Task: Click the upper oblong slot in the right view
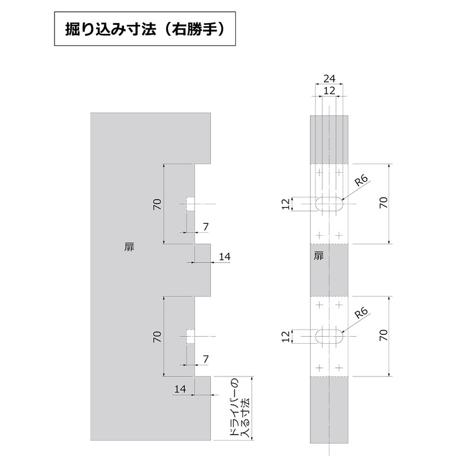click(x=329, y=203)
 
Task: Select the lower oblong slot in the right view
click(x=329, y=336)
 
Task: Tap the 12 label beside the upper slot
click(x=286, y=203)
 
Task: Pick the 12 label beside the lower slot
click(x=286, y=336)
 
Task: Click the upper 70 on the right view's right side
click(x=384, y=203)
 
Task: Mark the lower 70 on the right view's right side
click(x=384, y=336)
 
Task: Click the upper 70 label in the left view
click(x=157, y=204)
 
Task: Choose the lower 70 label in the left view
click(x=157, y=337)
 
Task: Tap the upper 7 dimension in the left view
click(x=205, y=227)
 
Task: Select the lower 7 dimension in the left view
click(x=205, y=360)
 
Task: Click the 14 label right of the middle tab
click(x=224, y=256)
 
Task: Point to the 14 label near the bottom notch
click(x=180, y=389)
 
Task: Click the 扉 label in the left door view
click(x=130, y=248)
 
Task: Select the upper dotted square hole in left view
click(x=190, y=204)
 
